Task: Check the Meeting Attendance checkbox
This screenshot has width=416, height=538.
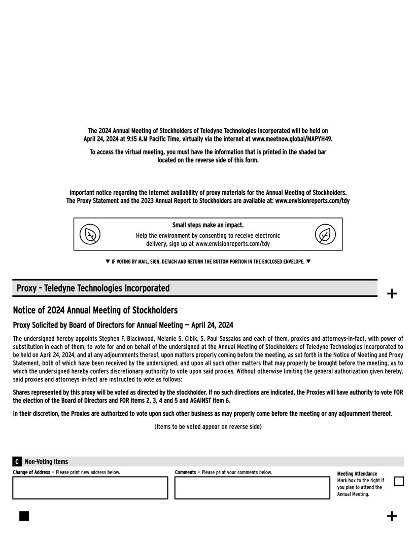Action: (399, 481)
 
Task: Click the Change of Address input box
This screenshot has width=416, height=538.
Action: (90, 488)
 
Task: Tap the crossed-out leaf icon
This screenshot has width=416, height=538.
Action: (90, 234)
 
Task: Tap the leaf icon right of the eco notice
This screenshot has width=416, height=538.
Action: (325, 234)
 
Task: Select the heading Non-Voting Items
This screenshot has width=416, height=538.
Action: (46, 461)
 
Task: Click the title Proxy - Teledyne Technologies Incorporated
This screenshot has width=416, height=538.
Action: (93, 289)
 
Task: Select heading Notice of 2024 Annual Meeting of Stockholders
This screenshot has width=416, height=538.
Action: (95, 310)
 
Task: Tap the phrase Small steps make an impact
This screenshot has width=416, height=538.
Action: (208, 225)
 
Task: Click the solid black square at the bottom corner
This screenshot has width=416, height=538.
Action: (24, 516)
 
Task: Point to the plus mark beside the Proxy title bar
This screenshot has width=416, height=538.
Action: (392, 293)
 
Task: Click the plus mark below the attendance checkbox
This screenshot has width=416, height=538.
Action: (392, 516)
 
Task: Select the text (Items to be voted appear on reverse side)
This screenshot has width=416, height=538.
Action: (208, 426)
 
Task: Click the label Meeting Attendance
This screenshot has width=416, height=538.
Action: (357, 474)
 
